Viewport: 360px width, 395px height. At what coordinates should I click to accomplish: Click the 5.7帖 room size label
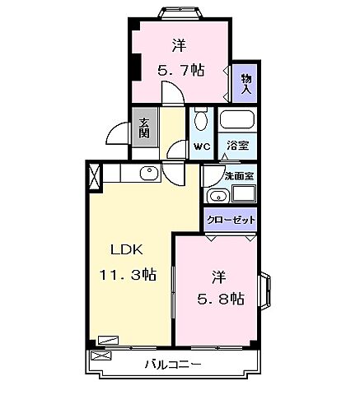click(x=180, y=71)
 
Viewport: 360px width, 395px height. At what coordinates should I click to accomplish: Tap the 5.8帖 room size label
click(x=220, y=298)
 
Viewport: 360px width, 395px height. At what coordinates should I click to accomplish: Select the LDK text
click(x=127, y=251)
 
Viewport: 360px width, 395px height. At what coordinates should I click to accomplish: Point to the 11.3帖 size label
click(x=129, y=276)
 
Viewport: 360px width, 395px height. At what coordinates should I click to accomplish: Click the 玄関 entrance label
click(x=144, y=126)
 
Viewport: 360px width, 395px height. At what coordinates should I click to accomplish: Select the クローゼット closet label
click(x=230, y=220)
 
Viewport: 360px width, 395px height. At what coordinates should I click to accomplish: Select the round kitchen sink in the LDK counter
click(x=148, y=173)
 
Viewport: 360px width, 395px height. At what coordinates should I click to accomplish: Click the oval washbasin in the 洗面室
click(x=217, y=195)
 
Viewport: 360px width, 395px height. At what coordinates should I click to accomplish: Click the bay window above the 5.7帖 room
click(x=180, y=12)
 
